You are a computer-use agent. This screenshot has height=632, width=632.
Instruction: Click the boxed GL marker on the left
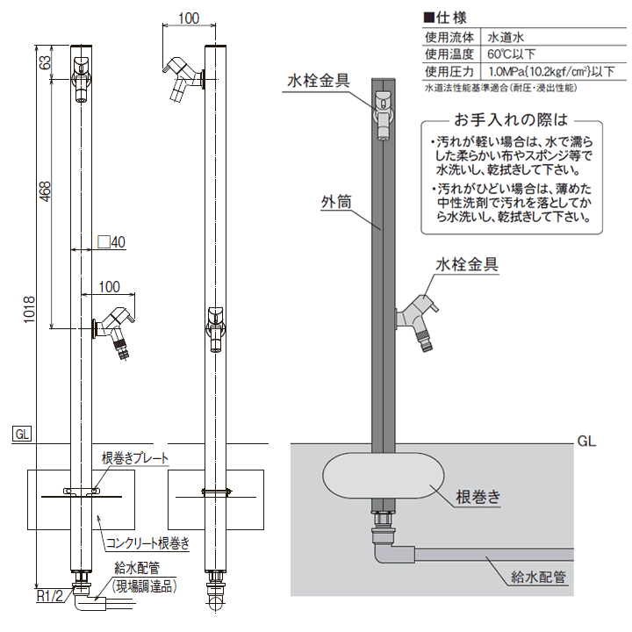click(22, 433)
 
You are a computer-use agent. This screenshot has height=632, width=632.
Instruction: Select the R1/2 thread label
click(49, 596)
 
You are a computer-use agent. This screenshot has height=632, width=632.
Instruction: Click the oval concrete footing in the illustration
click(382, 479)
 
